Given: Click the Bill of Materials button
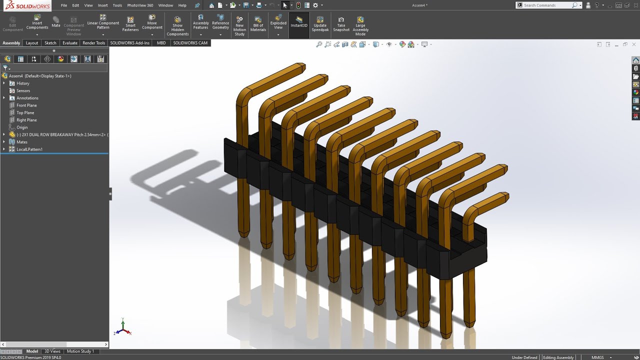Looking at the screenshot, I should [x=258, y=25].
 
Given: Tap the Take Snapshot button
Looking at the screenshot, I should [x=341, y=25].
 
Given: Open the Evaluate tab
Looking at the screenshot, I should [x=69, y=43].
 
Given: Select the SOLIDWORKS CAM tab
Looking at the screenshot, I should [x=190, y=43].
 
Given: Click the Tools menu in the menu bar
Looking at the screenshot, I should [x=117, y=5].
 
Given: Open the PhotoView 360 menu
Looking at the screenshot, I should [x=140, y=5].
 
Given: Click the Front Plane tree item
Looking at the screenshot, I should [x=26, y=105].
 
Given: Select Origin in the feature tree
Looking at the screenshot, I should [x=22, y=127].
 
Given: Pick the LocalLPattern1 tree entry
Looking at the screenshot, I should [x=29, y=149].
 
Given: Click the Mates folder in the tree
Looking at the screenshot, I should [x=22, y=142].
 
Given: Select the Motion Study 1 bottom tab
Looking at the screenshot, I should [x=80, y=351].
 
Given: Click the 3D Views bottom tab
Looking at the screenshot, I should [x=52, y=351].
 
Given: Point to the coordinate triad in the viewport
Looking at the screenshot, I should [x=122, y=327].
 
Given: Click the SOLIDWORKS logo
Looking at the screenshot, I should [x=26, y=5].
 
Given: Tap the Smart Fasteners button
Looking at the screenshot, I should [x=130, y=25].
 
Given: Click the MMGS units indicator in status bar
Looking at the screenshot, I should [x=597, y=357].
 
